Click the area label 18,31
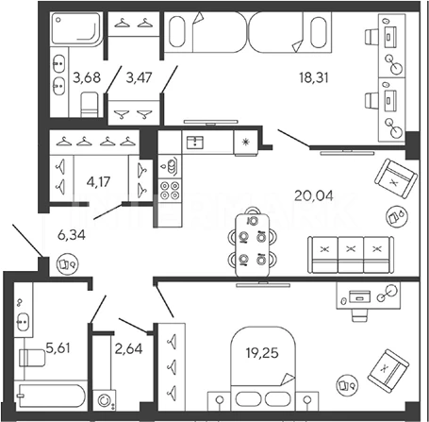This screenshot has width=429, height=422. point(314,77)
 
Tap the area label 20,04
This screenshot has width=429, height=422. point(314,195)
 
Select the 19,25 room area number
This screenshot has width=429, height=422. point(262,353)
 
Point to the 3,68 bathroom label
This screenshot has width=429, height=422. point(87,77)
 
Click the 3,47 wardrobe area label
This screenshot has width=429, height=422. point(139,77)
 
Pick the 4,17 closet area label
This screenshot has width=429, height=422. point(98,182)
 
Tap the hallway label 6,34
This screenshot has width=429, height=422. point(72,235)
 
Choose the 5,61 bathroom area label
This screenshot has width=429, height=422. point(58,348)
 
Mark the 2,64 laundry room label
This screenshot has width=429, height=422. point(128,348)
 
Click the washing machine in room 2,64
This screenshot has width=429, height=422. point(105,400)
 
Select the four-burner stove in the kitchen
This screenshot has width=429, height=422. point(170,190)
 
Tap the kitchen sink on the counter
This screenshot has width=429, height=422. point(195,143)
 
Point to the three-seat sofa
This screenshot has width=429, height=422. point(351,255)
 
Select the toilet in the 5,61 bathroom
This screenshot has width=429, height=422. point(32,358)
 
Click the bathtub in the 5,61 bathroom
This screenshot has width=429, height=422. point(50,396)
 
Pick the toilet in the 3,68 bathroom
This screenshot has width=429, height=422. point(90,105)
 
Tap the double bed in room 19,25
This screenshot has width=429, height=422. point(263,366)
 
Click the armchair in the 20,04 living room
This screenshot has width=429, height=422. point(396,178)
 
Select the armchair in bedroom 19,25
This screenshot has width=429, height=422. point(388,371)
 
